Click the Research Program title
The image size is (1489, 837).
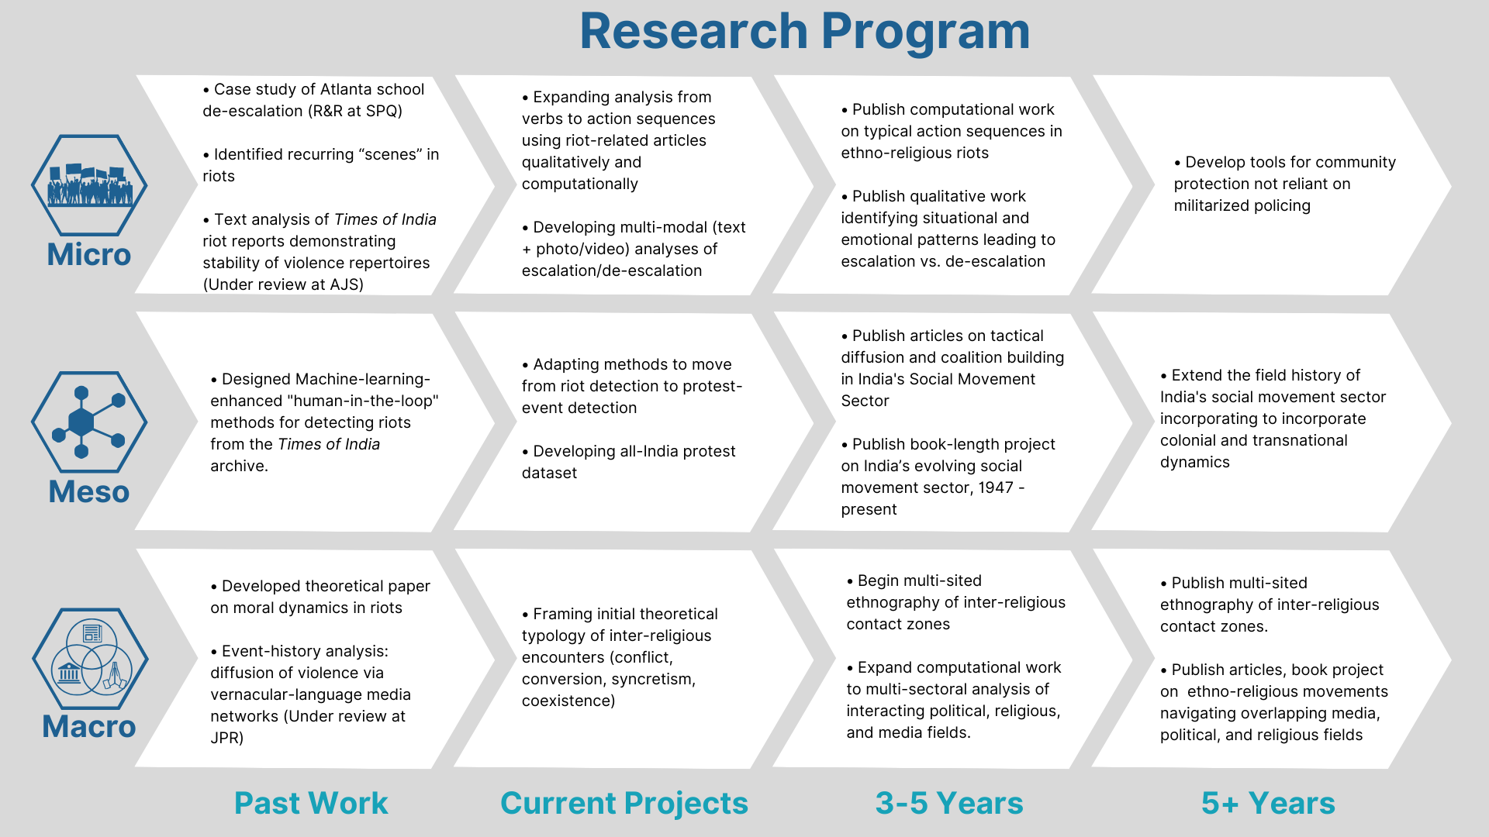click(x=804, y=32)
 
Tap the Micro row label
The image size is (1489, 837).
click(x=89, y=255)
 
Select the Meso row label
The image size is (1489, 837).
click(x=89, y=492)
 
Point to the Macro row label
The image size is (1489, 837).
click(x=89, y=727)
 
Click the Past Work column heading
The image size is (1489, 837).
click(x=311, y=803)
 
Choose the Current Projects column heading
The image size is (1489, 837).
click(x=624, y=804)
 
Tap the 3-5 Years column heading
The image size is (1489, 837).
click(x=949, y=803)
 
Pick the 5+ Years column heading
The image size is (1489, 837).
click(x=1268, y=803)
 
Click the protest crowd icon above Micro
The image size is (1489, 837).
click(x=89, y=185)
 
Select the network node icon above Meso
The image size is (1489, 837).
click(x=89, y=422)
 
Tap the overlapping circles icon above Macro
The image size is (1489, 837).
click(x=90, y=658)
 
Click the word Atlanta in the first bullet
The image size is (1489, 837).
click(x=345, y=89)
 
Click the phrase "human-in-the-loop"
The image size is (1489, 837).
click(x=363, y=401)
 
